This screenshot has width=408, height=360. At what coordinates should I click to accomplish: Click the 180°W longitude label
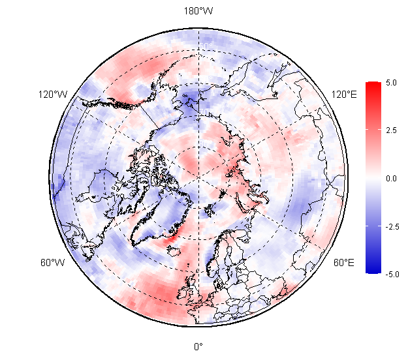198,11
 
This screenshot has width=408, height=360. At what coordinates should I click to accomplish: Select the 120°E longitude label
344,95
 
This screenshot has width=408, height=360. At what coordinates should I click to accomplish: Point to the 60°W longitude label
52,263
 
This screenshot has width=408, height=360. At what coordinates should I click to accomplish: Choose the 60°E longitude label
344,263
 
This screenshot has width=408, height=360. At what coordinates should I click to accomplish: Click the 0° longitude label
198,346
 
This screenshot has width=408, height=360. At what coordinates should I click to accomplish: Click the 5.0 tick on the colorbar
392,83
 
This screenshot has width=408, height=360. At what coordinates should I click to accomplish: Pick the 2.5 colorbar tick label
392,130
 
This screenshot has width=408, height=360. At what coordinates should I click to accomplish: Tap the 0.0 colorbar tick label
392,178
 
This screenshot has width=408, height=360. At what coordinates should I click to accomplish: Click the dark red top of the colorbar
373,85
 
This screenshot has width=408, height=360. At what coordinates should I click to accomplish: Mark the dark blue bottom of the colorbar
373,270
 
